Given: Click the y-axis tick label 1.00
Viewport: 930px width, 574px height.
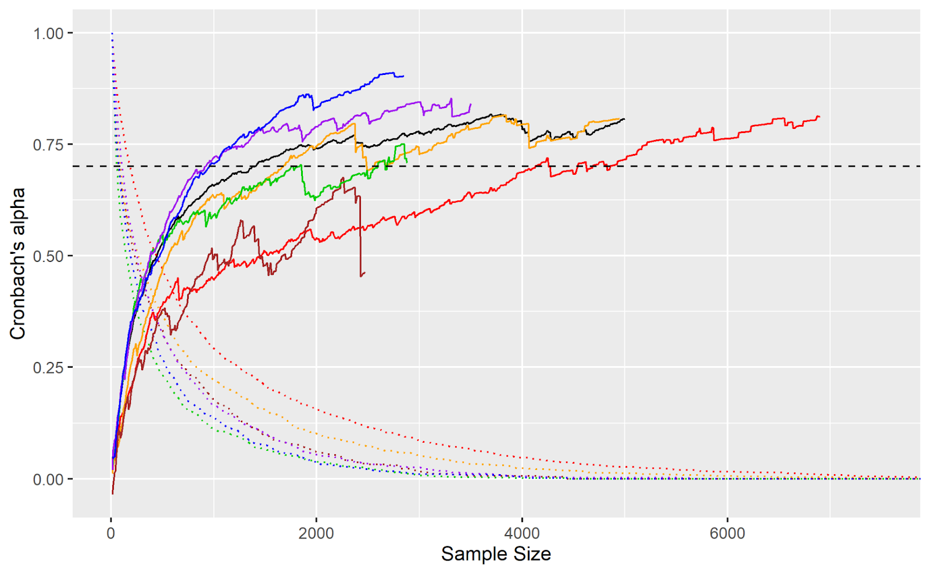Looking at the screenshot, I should (48, 33).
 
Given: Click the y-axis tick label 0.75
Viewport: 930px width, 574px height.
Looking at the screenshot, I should (48, 145).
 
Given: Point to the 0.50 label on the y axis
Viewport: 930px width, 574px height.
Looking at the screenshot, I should (48, 256).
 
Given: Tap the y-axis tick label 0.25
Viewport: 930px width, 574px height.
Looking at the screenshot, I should (48, 368).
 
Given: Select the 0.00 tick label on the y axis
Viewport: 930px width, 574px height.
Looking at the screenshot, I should (48, 479).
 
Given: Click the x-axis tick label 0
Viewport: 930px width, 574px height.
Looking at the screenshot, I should (111, 533).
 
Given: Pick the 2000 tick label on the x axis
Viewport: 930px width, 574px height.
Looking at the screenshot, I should (316, 533).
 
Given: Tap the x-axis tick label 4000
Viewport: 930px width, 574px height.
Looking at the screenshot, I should (522, 533).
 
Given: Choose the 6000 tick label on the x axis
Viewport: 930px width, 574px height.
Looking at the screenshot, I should (727, 533).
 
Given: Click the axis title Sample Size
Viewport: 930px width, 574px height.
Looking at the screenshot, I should (496, 554).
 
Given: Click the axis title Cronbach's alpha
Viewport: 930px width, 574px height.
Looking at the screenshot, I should (17, 264).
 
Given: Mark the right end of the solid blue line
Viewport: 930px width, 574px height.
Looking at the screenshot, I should (403, 76).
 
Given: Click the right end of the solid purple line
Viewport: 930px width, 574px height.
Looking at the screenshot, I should (470, 105).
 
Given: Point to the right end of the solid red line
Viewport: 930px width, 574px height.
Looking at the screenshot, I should (820, 117).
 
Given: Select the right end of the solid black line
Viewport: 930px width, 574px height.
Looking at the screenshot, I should (625, 119).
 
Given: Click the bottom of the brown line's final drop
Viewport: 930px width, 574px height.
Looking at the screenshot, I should (361, 276).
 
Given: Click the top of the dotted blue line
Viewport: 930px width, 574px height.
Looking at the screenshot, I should (112, 34).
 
